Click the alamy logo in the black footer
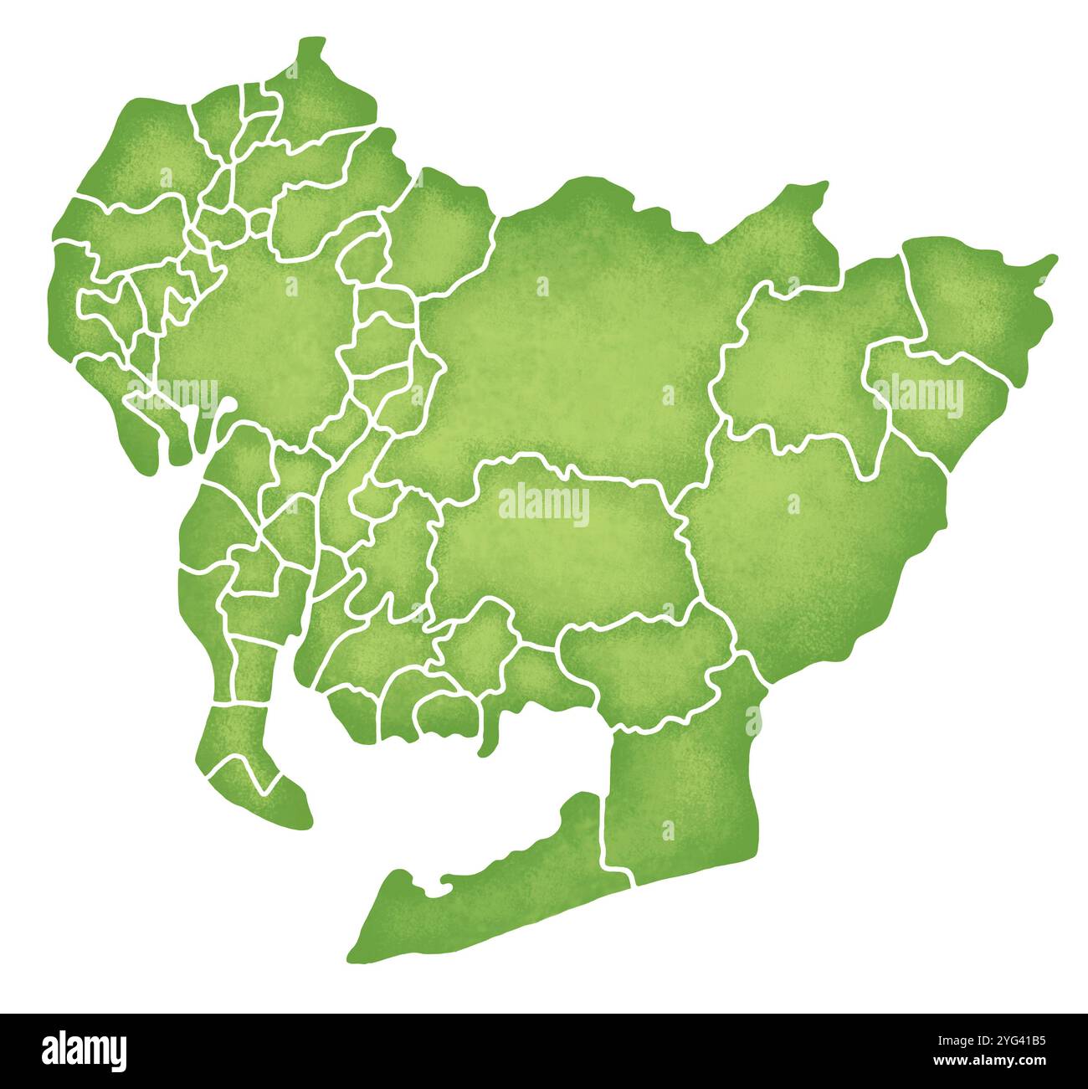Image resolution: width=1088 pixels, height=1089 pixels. coord(84,1050)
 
